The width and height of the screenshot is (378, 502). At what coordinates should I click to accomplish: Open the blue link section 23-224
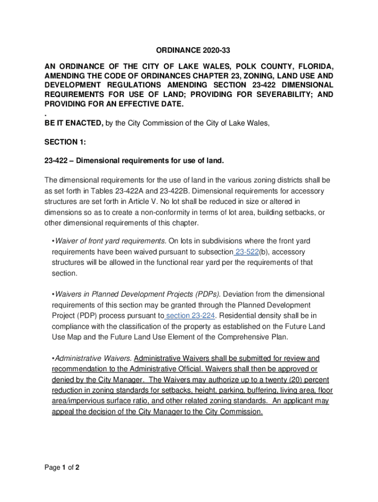point(190,316)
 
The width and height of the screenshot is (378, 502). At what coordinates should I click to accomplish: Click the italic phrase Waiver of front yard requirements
point(110,241)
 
